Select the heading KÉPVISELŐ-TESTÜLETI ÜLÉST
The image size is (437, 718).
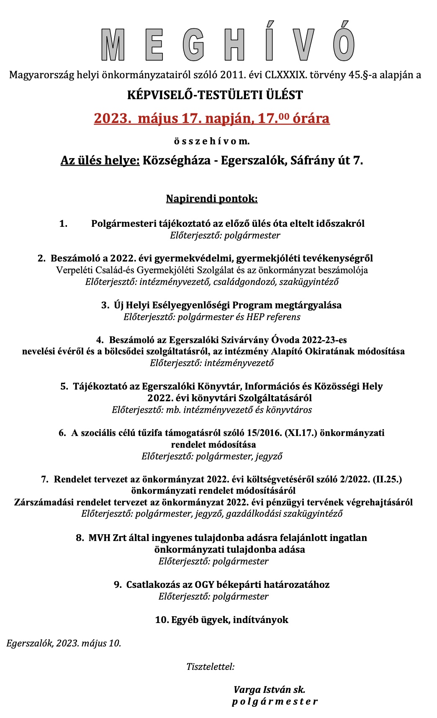pos(215,95)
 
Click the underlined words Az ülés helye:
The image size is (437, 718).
pos(100,160)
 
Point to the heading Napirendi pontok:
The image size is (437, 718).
pos(212,198)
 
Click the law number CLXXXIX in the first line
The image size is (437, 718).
pos(285,75)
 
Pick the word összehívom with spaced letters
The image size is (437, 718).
pos(212,141)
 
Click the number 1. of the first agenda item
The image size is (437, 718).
pos(64,223)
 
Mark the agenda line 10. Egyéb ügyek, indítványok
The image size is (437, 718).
pos(221,620)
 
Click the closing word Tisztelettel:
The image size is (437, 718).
pos(211,667)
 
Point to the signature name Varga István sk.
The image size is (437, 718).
pos(270,690)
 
